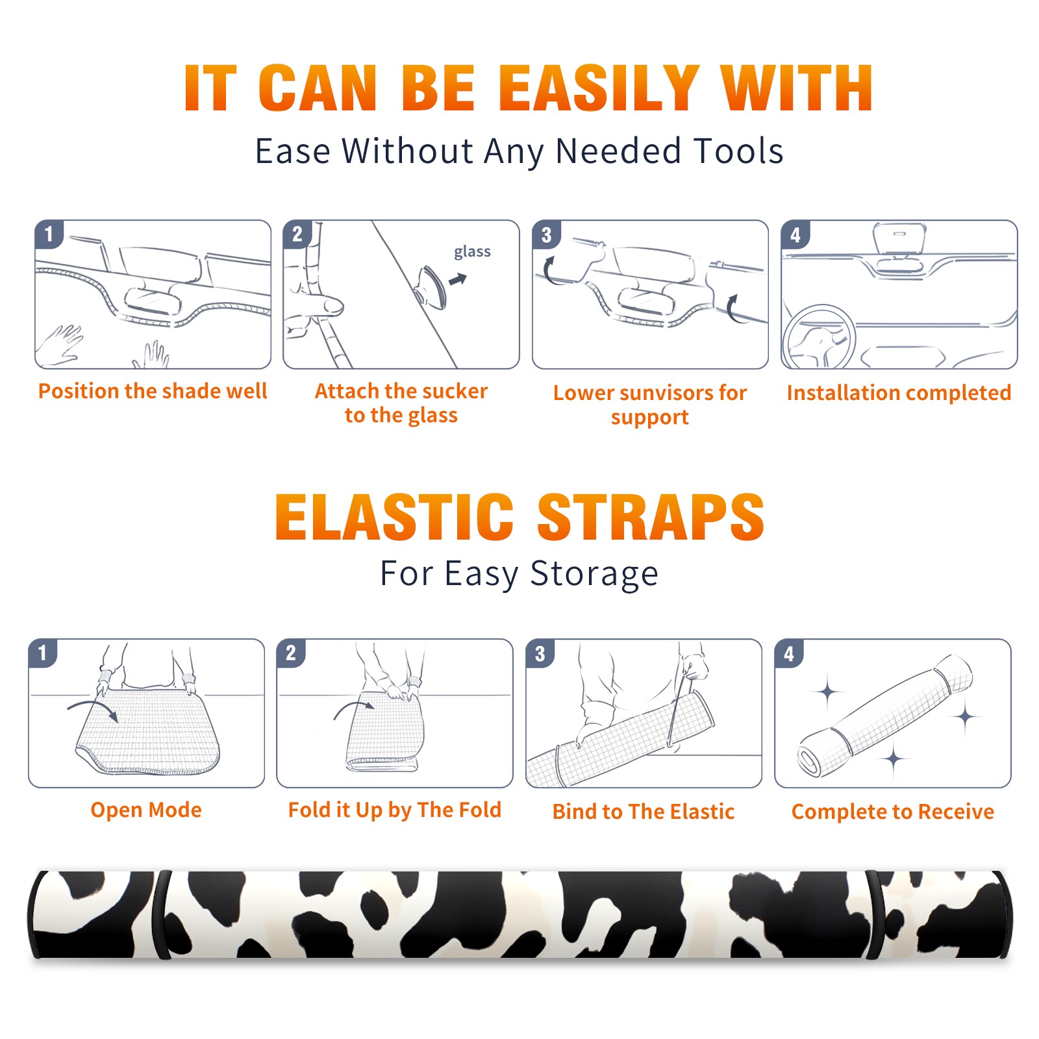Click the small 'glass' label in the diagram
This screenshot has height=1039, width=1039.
pos(472,252)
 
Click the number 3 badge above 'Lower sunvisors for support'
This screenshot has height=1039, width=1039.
pos(546,234)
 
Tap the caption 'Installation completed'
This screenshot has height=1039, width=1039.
pos(899,392)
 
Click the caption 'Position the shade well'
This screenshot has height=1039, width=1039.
pos(153,391)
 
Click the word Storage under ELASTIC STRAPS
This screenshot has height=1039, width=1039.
pos(594,574)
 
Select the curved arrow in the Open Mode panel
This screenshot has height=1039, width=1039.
pos(93,709)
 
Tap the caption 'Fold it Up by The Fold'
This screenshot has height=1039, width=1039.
pos(395,810)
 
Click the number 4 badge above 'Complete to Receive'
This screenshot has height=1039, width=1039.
pos(788,653)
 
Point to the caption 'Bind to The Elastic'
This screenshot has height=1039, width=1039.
pos(644,812)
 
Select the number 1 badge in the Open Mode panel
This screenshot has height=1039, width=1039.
pos(43,653)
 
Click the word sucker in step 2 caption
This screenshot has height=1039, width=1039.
pos(455,391)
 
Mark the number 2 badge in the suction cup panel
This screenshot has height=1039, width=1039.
pos(297,234)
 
